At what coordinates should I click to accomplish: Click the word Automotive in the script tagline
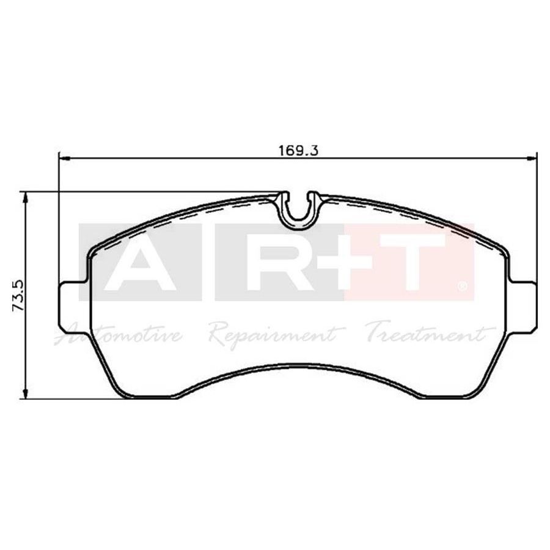click(x=120, y=334)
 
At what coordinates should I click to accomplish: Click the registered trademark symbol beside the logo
click(x=463, y=286)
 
